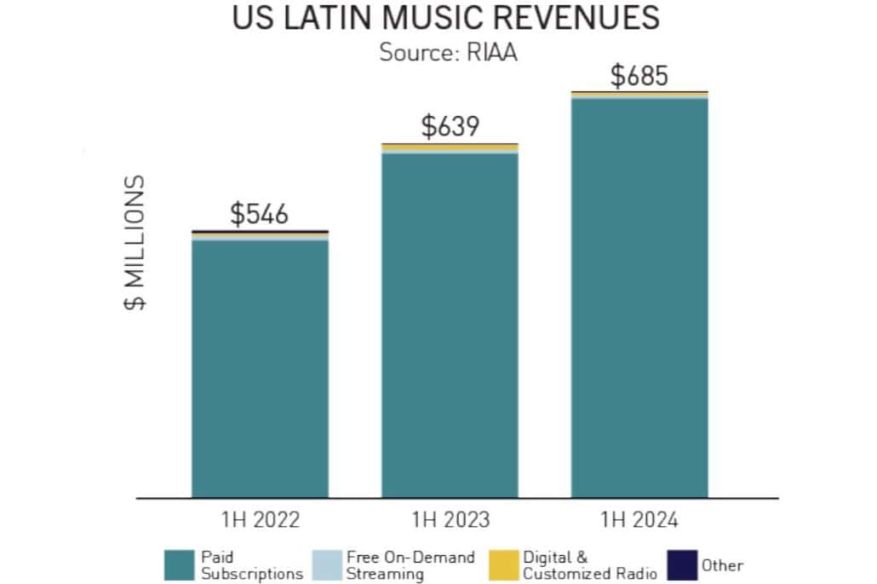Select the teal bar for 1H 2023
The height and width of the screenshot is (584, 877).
[450, 324]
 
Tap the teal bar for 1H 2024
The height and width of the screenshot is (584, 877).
[639, 298]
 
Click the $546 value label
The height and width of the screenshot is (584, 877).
[260, 214]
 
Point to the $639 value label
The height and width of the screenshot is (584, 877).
[450, 127]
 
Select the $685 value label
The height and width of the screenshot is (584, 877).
[639, 75]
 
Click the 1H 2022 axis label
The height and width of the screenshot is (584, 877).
[260, 519]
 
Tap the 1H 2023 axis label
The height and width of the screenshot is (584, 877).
[450, 519]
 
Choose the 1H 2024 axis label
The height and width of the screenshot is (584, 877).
[639, 519]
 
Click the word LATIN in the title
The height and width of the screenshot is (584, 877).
[325, 19]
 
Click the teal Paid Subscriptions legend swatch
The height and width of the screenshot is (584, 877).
[180, 565]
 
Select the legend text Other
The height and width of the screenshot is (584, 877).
[722, 565]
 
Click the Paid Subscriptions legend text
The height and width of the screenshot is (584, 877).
[251, 565]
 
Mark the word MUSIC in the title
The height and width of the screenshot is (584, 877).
[433, 19]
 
